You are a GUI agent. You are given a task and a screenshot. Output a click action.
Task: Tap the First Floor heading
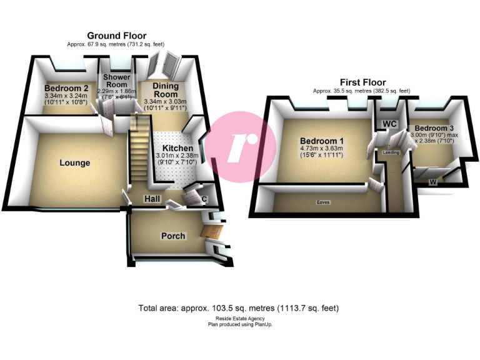(362, 82)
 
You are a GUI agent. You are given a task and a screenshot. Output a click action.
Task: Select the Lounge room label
(75, 163)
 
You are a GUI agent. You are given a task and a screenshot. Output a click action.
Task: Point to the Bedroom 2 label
(66, 89)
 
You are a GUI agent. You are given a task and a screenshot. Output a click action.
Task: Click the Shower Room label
(117, 81)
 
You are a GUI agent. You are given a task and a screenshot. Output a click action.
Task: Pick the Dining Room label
(166, 90)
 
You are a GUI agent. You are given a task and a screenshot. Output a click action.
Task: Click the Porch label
(173, 236)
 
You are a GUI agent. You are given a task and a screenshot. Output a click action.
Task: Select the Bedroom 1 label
(321, 141)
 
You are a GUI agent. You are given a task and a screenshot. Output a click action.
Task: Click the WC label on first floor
(390, 124)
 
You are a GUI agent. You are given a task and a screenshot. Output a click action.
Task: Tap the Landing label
(391, 152)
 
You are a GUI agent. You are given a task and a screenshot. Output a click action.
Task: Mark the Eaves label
(322, 202)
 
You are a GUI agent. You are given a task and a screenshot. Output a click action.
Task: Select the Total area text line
(238, 308)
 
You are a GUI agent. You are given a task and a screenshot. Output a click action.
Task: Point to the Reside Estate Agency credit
(240, 319)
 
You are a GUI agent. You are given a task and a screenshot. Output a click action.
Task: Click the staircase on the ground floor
(139, 156)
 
